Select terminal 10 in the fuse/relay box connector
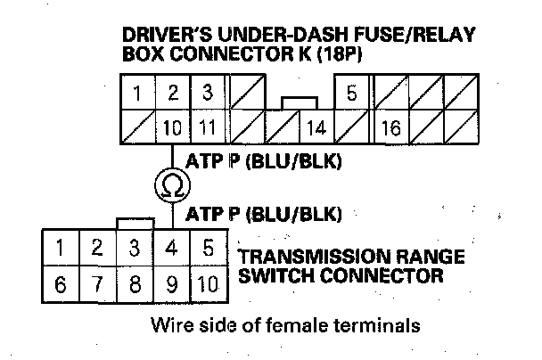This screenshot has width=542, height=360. point(172,127)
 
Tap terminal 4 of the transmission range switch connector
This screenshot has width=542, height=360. point(172,248)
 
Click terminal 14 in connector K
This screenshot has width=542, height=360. point(316,127)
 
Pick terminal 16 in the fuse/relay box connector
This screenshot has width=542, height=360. point(391,127)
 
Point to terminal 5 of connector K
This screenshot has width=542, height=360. point(351,93)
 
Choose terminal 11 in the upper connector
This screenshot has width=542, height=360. point(208,127)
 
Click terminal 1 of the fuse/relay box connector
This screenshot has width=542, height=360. point(137,93)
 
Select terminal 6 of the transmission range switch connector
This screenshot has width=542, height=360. point(61,284)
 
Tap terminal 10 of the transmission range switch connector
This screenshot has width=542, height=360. point(209,284)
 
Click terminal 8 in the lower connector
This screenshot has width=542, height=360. point(135,284)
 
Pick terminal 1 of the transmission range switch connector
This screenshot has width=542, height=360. point(61,248)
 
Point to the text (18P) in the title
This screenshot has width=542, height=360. point(339,53)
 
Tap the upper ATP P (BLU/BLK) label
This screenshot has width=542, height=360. point(263,161)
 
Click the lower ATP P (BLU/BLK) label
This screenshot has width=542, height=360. point(263,214)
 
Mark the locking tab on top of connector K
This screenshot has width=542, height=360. point(300,103)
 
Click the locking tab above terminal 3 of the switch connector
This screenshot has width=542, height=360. point(135,224)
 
